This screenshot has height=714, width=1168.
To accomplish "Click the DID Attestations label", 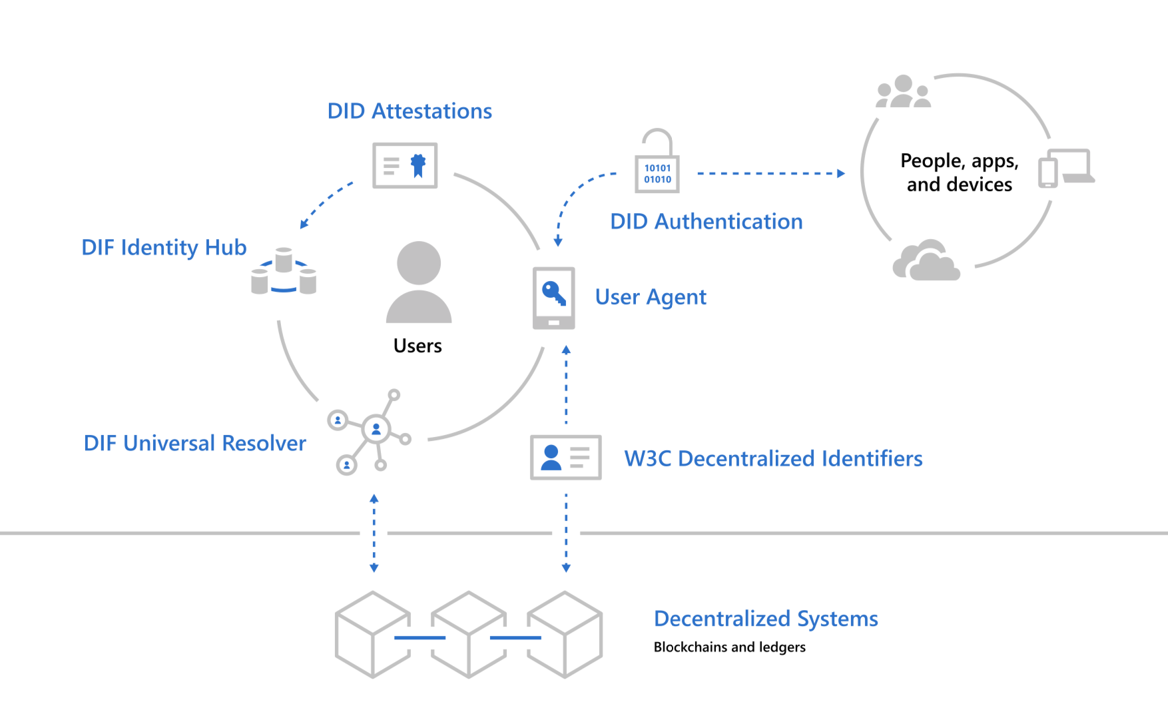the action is (410, 111).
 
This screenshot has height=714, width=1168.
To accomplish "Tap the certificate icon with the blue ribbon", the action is (405, 165).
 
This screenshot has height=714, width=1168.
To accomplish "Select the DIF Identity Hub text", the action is (164, 247).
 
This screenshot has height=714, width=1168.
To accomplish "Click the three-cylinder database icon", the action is (284, 271).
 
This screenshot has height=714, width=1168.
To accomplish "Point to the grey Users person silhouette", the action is (419, 282).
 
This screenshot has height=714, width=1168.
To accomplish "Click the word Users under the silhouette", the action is (418, 346).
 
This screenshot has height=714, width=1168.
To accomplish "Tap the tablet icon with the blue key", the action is (553, 298).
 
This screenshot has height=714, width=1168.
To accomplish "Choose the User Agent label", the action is (651, 297).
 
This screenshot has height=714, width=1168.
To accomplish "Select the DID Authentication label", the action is (707, 221).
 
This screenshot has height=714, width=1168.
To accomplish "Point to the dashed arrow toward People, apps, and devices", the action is (771, 173).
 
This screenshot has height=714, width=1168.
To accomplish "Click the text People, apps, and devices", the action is (960, 172).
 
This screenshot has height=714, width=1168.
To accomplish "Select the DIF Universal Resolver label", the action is (194, 443).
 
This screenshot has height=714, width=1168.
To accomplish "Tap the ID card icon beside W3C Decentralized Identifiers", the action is (566, 458).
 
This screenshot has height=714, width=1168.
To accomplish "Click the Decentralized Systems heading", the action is (766, 619).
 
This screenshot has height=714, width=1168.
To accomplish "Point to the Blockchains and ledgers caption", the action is (730, 647).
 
